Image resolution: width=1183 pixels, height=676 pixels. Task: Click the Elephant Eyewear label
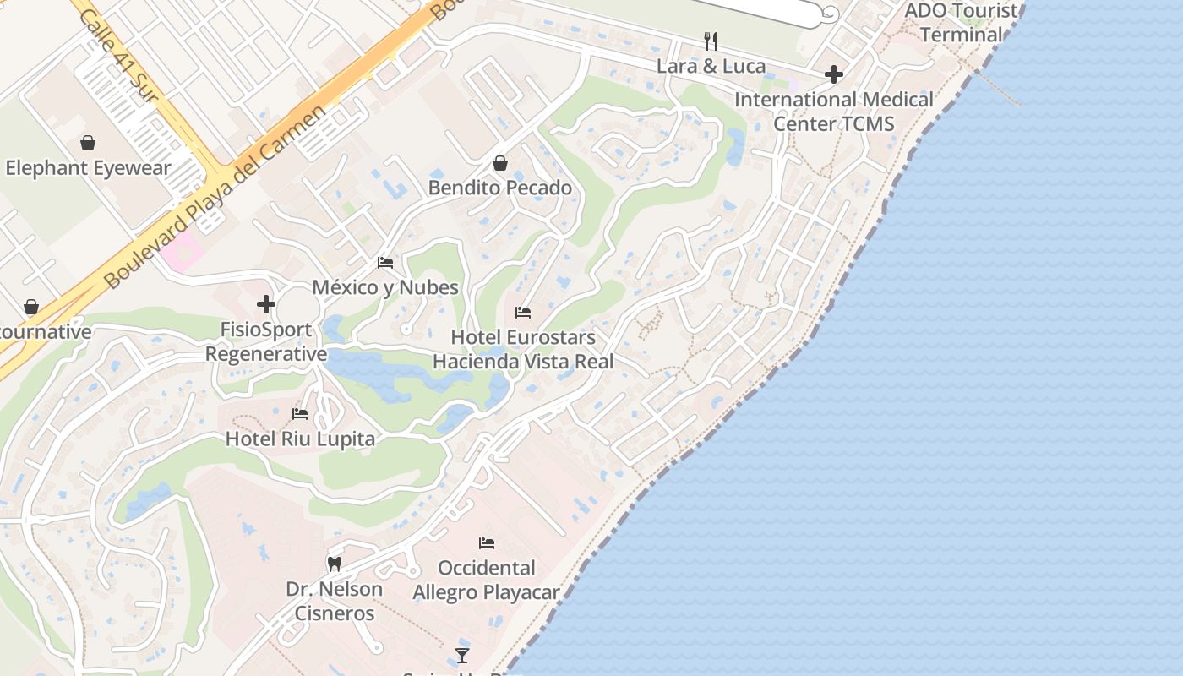click(x=88, y=168)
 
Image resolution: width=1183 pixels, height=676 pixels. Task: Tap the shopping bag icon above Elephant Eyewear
click(x=87, y=143)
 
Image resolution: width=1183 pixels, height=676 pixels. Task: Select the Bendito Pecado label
click(x=500, y=188)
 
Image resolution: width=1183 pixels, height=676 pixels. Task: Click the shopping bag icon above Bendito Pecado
click(x=500, y=163)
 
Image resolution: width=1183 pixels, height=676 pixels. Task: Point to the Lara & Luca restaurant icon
click(x=711, y=41)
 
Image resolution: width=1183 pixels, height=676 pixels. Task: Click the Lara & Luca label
click(x=711, y=66)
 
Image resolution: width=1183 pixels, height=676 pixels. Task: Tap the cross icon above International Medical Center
click(x=834, y=74)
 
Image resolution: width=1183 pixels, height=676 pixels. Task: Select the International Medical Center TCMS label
click(x=834, y=112)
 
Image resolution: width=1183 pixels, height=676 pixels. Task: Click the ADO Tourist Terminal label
click(x=961, y=23)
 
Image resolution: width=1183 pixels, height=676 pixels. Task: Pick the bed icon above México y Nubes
click(x=385, y=263)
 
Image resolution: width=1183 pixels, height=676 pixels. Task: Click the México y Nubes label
click(x=385, y=287)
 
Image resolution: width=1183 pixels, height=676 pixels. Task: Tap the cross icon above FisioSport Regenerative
click(x=266, y=304)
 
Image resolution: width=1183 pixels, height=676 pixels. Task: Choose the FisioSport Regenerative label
click(x=266, y=341)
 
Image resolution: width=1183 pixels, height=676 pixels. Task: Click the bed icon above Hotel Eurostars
click(x=523, y=313)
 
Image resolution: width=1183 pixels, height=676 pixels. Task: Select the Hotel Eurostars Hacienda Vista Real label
click(x=523, y=349)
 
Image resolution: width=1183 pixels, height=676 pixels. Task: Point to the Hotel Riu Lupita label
click(x=300, y=439)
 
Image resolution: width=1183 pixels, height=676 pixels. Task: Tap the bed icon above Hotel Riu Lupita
click(x=300, y=414)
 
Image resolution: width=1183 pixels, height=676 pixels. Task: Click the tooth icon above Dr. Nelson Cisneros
click(x=335, y=564)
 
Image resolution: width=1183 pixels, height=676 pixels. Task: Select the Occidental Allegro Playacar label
click(x=486, y=580)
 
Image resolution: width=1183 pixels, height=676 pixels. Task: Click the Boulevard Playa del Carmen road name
click(x=215, y=199)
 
